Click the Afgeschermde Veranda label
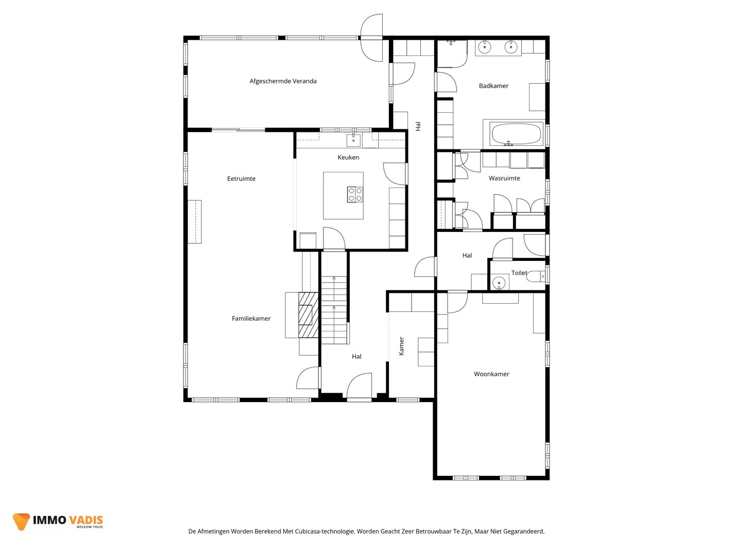tap(283, 81)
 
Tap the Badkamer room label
tap(493, 86)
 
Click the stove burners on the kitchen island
tap(355, 194)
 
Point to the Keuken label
tap(348, 157)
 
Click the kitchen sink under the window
tap(353, 140)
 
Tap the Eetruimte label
tap(241, 179)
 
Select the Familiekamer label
tap(251, 319)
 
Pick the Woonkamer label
tap(491, 374)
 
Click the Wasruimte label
tap(504, 178)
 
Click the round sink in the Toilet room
tap(499, 282)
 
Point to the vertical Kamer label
tap(401, 346)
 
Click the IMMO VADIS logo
tap(58, 522)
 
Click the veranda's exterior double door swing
tap(371, 38)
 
